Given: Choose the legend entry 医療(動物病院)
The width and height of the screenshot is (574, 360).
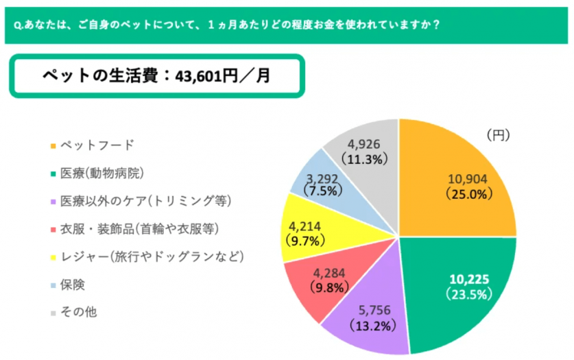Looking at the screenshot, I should [101, 173].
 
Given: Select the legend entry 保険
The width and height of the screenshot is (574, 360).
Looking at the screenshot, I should [73, 284].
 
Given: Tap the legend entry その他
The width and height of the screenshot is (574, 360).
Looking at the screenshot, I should [78, 312].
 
